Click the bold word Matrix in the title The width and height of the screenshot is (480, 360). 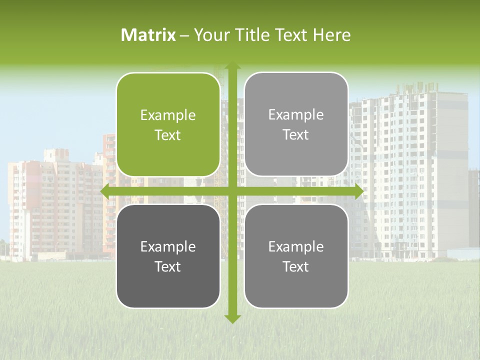coord(148,35)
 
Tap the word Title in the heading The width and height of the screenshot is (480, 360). coord(250,35)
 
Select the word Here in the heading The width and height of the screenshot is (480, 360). coord(331,35)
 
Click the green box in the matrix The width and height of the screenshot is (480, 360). coord(168,125)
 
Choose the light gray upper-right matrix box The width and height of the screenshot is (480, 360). coord(296,124)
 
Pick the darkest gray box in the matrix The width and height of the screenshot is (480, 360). coord(168,256)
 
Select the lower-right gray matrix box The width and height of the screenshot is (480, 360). coord(296,256)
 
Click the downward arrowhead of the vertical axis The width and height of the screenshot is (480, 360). coord(232,318)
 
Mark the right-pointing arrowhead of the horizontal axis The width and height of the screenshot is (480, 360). coord(358,191)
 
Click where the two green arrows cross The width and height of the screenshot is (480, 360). coord(232,191)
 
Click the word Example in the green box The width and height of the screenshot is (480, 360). coord(168,115)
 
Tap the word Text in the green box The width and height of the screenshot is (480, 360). coord(168,135)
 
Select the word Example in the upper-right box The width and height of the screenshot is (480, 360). coord(296,115)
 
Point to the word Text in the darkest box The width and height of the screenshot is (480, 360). coord(168,266)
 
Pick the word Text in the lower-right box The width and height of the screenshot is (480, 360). coord(296,266)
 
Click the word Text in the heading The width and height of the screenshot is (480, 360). coord(291,35)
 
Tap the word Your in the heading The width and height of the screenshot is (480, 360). coord(210,35)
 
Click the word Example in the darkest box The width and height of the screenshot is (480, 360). coord(168,246)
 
